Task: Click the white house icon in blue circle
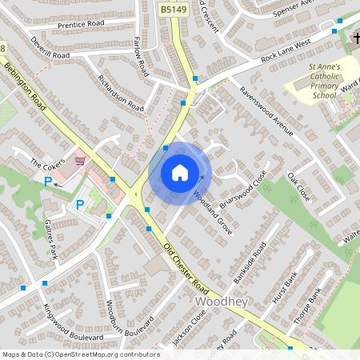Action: (x=180, y=172)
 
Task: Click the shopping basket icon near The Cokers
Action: (x=78, y=159)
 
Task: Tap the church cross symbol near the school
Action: (x=354, y=39)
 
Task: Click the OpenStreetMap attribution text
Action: (x=80, y=354)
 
